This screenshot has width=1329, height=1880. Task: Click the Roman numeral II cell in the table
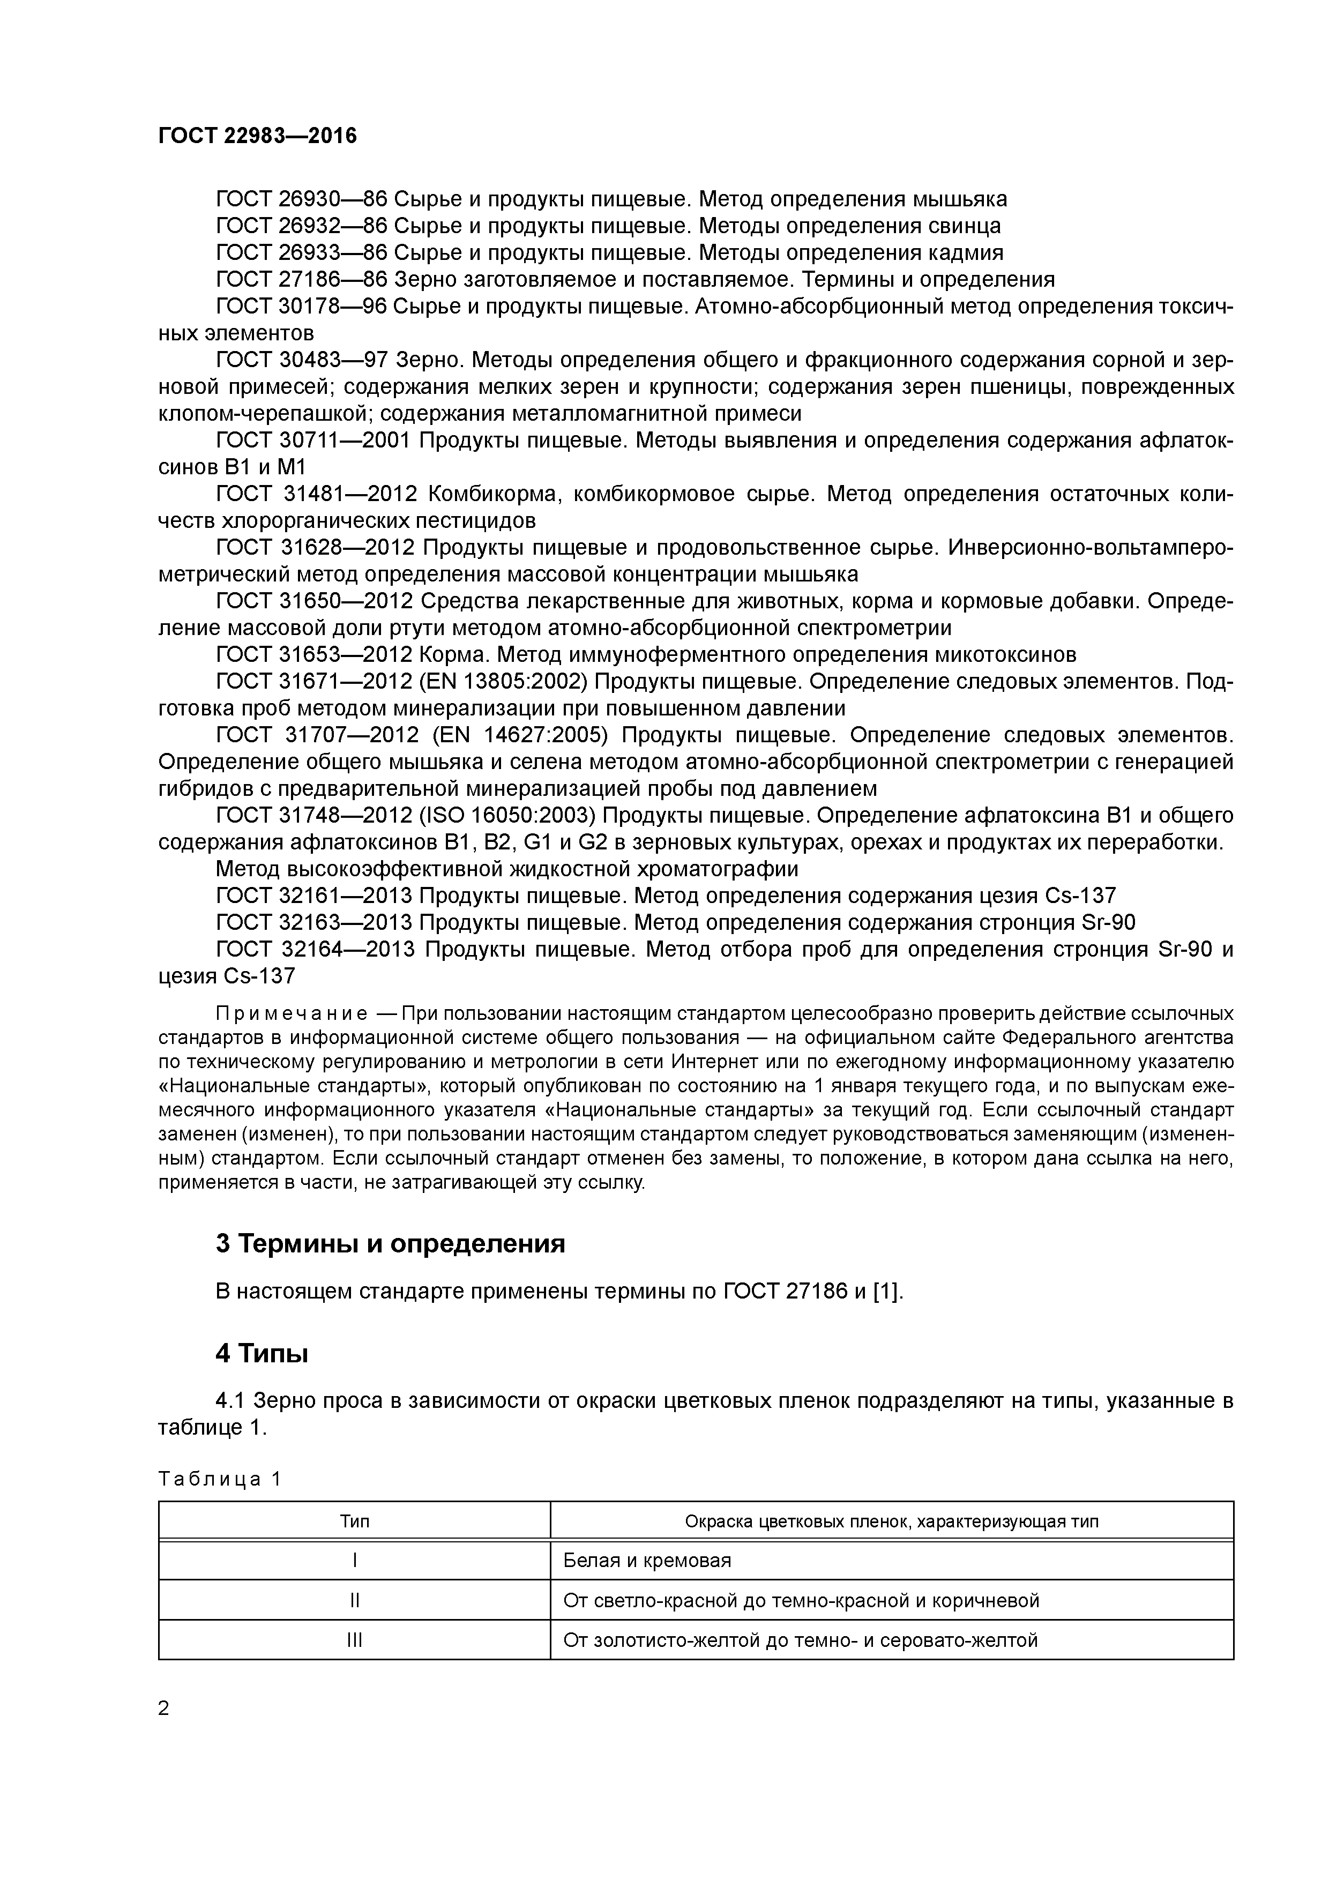(x=355, y=1600)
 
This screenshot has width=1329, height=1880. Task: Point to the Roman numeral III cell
(x=355, y=1640)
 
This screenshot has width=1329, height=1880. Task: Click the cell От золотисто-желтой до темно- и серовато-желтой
(x=800, y=1640)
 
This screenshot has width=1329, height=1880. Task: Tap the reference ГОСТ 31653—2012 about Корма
(x=315, y=655)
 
